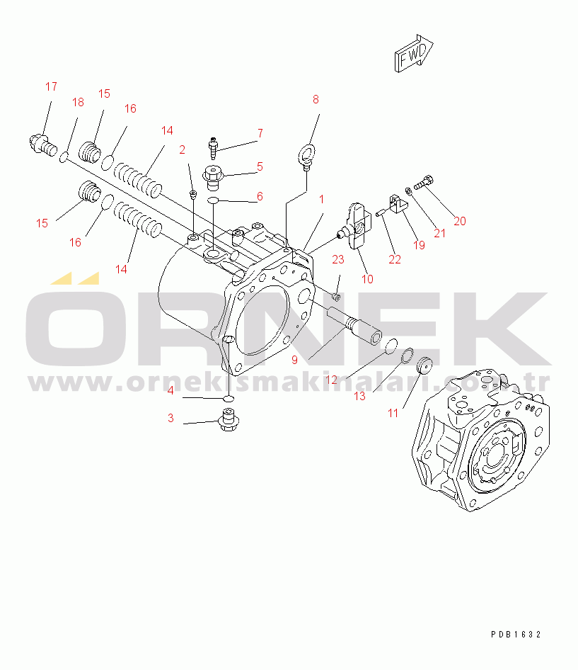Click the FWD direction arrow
tap(413, 53)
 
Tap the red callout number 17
tap(51, 86)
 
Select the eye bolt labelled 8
tap(306, 156)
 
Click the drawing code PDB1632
tap(516, 635)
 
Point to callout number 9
tap(294, 360)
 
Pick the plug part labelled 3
tap(229, 420)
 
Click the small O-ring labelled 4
tap(229, 399)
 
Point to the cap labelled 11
tap(424, 365)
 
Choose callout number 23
tap(338, 259)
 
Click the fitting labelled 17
tap(43, 144)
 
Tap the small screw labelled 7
tap(213, 147)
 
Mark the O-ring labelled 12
tap(391, 346)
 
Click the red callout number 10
tap(367, 279)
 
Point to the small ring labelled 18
tap(64, 158)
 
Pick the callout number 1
tap(321, 199)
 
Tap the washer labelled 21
tap(408, 190)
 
